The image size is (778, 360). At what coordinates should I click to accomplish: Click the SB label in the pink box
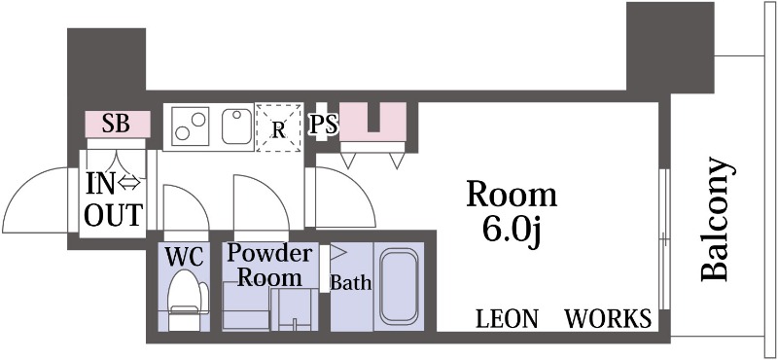pos(116,125)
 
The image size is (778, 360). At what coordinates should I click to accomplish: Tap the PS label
pos(324,125)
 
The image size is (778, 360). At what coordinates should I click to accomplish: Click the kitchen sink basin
pos(236,126)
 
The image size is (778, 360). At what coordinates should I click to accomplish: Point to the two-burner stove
pos(190,126)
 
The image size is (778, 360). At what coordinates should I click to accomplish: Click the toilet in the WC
pos(186,300)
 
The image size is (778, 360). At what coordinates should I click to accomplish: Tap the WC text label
pos(184,257)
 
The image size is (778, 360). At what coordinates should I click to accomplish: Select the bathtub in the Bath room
pos(399,286)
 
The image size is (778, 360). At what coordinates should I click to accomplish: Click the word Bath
pos(351,283)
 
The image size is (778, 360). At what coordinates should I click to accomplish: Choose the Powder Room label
pos(269,266)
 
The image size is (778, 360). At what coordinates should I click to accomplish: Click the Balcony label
pos(716,219)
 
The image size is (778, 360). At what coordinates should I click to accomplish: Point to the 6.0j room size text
pos(512,232)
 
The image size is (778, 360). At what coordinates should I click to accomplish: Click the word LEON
pos(507,319)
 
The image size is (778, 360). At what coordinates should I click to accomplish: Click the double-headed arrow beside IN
pos(130,184)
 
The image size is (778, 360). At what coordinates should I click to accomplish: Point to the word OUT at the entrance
pos(114,214)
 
